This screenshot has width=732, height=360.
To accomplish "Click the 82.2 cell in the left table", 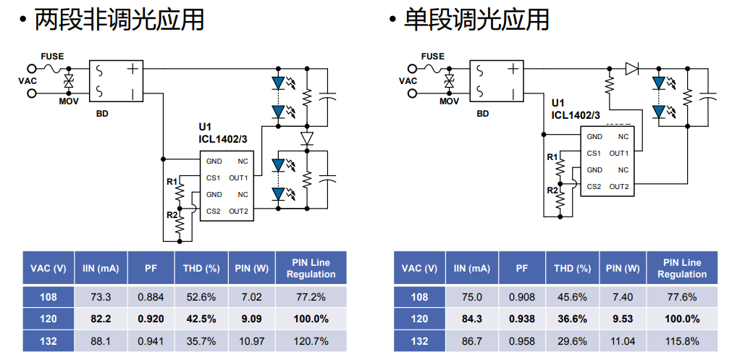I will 101,319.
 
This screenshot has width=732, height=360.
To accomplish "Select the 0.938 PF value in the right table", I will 522,319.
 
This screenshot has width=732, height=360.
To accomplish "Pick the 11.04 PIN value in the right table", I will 622,341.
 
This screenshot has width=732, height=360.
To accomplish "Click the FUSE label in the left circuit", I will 51,56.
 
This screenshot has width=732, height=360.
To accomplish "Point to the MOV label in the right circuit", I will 450,101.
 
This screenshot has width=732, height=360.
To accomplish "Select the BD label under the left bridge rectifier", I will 102,114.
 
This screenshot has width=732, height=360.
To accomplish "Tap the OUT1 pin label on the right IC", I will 618,154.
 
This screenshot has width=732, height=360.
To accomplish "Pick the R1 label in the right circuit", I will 552,157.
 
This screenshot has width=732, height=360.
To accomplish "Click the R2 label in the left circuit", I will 172,215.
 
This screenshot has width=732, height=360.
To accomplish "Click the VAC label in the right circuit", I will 408,80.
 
